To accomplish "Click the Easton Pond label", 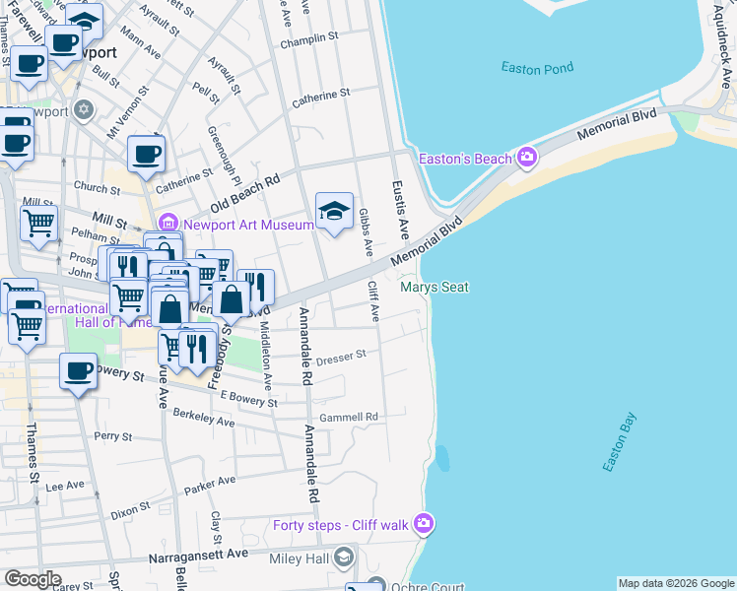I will [536, 68].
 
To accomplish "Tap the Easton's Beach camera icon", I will [527, 158].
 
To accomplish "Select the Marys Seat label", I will [434, 288].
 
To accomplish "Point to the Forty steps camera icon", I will [424, 524].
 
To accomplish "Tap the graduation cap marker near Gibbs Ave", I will [335, 211].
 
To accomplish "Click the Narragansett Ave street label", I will [198, 556].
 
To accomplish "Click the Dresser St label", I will [341, 355].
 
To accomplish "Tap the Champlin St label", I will [308, 42].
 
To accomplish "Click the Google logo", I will [33, 579].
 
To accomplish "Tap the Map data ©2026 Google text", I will [675, 583].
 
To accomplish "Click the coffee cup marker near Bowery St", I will [78, 372].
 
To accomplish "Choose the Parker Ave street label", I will [211, 483].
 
